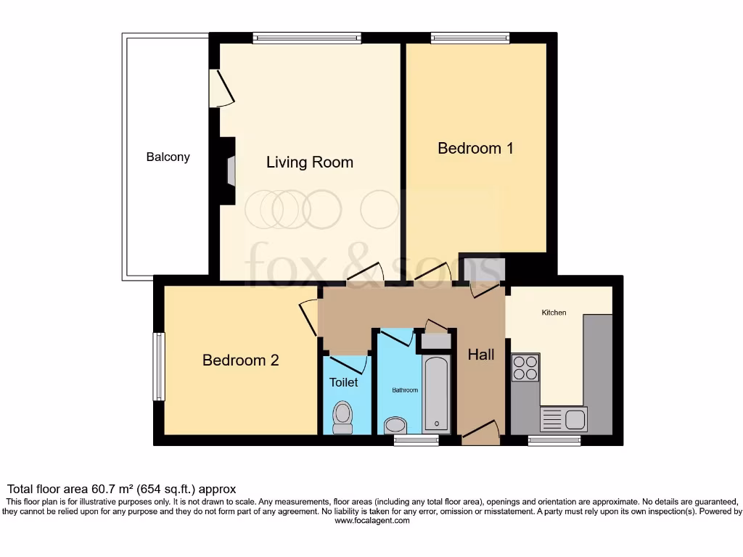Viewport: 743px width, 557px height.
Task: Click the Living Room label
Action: tap(310, 162)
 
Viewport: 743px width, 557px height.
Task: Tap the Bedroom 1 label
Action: tap(475, 149)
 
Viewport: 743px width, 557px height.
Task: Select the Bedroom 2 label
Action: tap(240, 360)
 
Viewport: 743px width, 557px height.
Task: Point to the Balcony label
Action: tap(168, 157)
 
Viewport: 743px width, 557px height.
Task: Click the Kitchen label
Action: tap(554, 313)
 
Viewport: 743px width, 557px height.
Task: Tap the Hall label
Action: tap(481, 355)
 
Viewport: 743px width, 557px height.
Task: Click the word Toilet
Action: tap(343, 382)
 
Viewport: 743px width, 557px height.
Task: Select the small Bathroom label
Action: tap(405, 390)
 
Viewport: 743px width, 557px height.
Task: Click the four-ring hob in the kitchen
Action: tap(525, 367)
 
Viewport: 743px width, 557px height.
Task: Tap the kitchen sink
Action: tap(565, 419)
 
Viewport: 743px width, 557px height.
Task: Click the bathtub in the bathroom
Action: tap(436, 394)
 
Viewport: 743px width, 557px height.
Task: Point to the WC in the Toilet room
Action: tap(342, 418)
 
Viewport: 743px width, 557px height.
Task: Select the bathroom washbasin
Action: tap(397, 425)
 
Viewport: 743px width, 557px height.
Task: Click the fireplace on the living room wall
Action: tap(231, 172)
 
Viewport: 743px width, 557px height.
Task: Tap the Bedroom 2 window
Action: tap(159, 366)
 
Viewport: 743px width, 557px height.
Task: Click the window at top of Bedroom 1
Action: tap(470, 38)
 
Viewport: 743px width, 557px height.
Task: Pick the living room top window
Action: tap(307, 38)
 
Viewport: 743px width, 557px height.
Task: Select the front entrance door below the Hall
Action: tap(481, 434)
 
